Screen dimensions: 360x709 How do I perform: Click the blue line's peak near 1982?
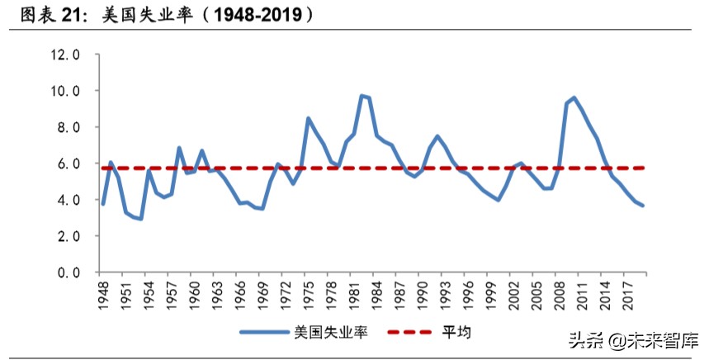[362, 96]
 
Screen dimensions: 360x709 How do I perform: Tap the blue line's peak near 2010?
[574, 97]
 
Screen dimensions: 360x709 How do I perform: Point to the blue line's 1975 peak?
[308, 118]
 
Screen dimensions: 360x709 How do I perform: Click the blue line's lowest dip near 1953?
[141, 219]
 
